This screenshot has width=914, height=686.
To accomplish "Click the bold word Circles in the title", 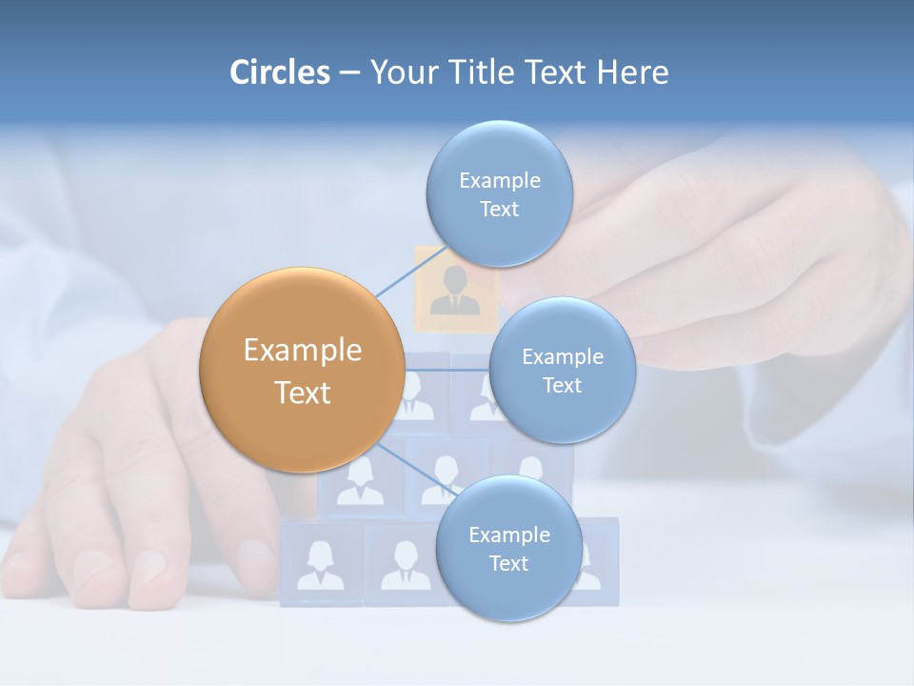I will pos(280,72).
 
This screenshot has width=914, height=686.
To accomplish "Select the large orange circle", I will pos(302,370).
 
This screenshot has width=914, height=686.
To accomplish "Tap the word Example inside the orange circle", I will pos(303,351).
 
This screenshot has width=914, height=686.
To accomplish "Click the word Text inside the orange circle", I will pos(303,393).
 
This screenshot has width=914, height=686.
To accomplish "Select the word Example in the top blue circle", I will pos(499,181).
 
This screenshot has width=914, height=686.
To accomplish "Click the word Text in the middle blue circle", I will pos(562,386).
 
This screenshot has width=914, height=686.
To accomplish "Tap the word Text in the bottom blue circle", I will pos(508,564).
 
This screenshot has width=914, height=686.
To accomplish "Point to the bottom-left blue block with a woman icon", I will pos(320,565).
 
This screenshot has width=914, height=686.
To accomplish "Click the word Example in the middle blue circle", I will pos(562,357).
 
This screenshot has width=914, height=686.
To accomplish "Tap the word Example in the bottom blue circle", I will pos(508,535).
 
